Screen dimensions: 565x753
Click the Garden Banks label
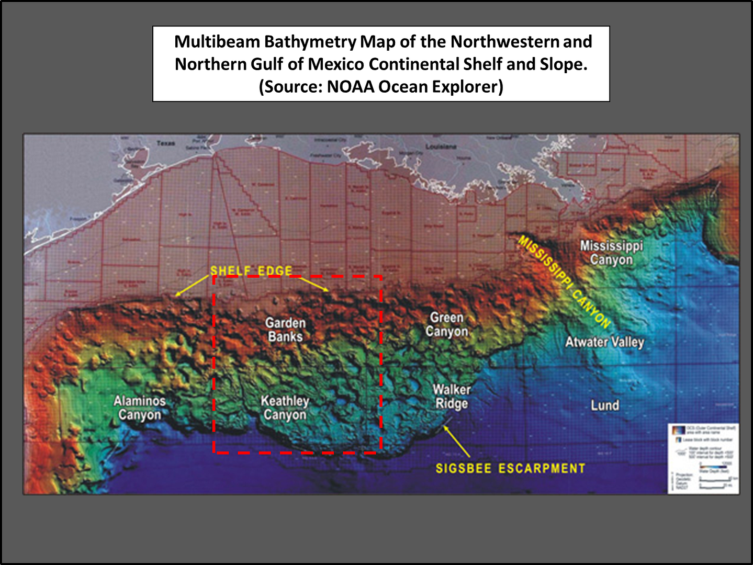point(285,330)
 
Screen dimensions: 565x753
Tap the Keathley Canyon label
point(285,408)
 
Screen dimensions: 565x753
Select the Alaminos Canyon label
point(139,408)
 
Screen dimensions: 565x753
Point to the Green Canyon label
point(446,324)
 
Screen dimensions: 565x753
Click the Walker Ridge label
point(452,397)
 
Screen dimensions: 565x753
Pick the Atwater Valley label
point(604,342)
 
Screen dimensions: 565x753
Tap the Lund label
point(604,405)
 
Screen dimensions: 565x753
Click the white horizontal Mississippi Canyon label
point(611,252)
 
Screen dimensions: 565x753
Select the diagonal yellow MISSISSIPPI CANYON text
point(564,282)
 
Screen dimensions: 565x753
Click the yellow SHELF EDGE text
point(251,270)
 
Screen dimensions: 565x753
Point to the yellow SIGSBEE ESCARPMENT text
point(510,468)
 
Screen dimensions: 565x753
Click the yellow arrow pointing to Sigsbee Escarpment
point(456,441)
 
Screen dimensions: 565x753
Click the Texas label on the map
point(165,143)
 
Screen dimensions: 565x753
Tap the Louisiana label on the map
point(441,146)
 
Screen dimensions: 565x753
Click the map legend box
point(703,458)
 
